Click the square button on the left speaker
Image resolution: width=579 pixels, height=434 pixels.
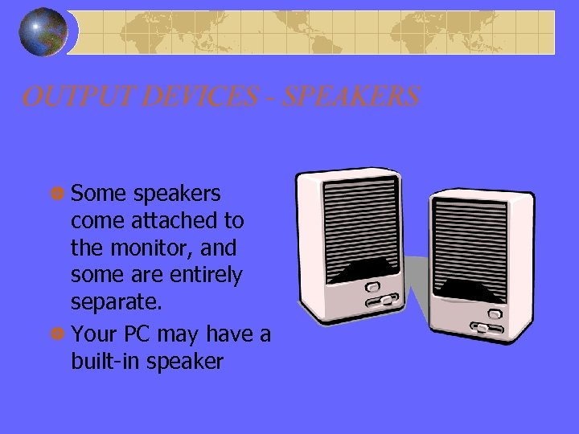click(x=372, y=286)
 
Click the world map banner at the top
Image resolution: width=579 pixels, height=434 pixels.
click(x=314, y=32)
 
